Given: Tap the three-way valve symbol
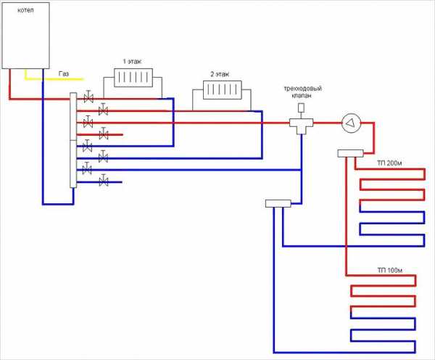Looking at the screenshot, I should tap(299, 123).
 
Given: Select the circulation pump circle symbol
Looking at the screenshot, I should tap(352, 123).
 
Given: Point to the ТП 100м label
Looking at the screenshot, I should tap(389, 272).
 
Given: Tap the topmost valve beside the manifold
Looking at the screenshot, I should tap(88, 97).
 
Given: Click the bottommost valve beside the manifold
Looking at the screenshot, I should tap(104, 181).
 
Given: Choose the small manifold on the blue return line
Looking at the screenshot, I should tap(278, 204).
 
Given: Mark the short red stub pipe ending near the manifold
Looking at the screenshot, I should tap(112, 134).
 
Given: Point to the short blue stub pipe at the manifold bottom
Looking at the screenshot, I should tap(112, 181).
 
